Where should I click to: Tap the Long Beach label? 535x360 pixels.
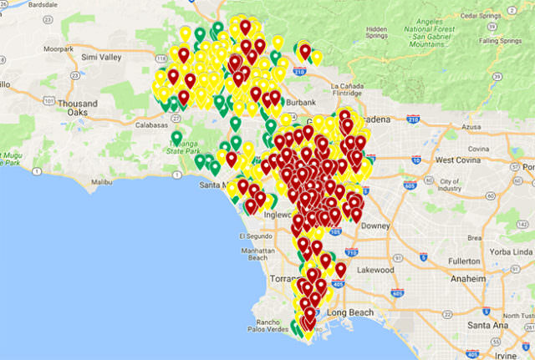pyautogui.click(x=346, y=312)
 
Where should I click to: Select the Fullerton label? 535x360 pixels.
pyautogui.click(x=465, y=261)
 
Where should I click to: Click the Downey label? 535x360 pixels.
pyautogui.click(x=390, y=226)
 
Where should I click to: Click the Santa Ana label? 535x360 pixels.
pyautogui.click(x=487, y=324)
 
